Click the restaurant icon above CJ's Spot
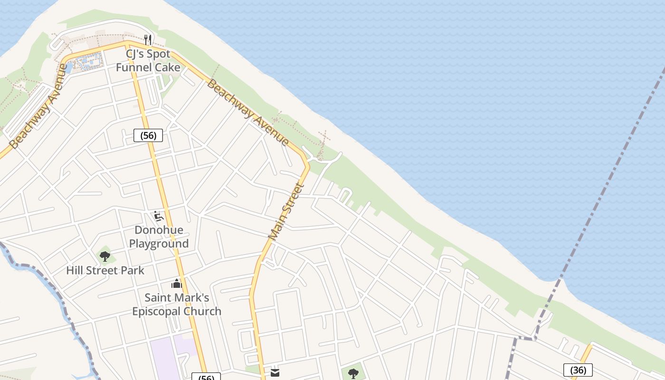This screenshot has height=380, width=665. (x=148, y=39)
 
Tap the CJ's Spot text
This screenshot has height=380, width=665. (x=148, y=54)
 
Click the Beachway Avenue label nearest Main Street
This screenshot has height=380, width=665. (x=247, y=113)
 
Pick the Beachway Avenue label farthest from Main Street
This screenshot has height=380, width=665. (x=38, y=106)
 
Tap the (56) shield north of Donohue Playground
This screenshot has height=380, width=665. (x=148, y=135)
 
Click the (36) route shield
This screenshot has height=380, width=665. (x=578, y=370)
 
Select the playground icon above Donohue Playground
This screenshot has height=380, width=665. (x=159, y=217)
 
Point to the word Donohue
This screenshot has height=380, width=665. (x=159, y=230)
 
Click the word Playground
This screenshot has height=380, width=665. (x=159, y=244)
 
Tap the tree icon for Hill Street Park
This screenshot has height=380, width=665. (x=105, y=256)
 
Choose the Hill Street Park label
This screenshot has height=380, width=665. (x=105, y=271)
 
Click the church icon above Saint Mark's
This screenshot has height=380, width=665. (x=177, y=284)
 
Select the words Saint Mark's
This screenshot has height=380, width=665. (x=177, y=298)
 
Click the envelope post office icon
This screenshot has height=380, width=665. (x=275, y=373)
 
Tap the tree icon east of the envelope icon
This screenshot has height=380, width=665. (x=353, y=373)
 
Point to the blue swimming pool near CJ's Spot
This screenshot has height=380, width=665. (x=89, y=61)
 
